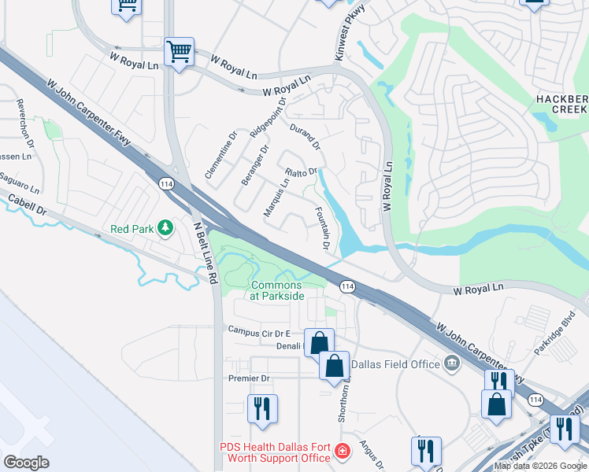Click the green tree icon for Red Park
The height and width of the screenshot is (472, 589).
pyautogui.click(x=165, y=228)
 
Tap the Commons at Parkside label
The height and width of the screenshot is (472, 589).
pyautogui.click(x=276, y=290)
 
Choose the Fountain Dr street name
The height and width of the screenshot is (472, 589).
pyautogui.click(x=321, y=229)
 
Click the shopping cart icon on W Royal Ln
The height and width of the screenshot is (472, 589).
pyautogui.click(x=179, y=53)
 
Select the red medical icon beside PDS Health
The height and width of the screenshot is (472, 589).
pyautogui.click(x=342, y=452)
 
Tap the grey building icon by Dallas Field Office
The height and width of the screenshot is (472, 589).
pyautogui.click(x=452, y=363)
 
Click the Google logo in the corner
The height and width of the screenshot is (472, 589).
pyautogui.click(x=27, y=463)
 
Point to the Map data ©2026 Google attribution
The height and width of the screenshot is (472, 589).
pyautogui.click(x=540, y=466)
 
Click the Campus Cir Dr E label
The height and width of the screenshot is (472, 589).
pyautogui.click(x=259, y=333)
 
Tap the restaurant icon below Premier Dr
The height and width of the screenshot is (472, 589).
pyautogui.click(x=261, y=408)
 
